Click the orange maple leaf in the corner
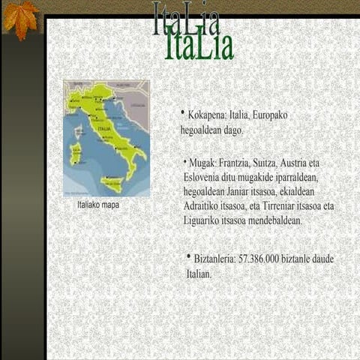(x=21, y=18)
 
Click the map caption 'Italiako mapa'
(x=98, y=204)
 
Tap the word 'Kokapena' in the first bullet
(x=207, y=115)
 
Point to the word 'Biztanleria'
(x=214, y=259)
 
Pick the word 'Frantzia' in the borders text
(x=238, y=163)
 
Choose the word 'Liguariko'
(x=203, y=220)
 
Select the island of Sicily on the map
(x=112, y=182)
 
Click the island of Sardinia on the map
(x=76, y=154)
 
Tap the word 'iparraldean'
(x=297, y=177)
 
